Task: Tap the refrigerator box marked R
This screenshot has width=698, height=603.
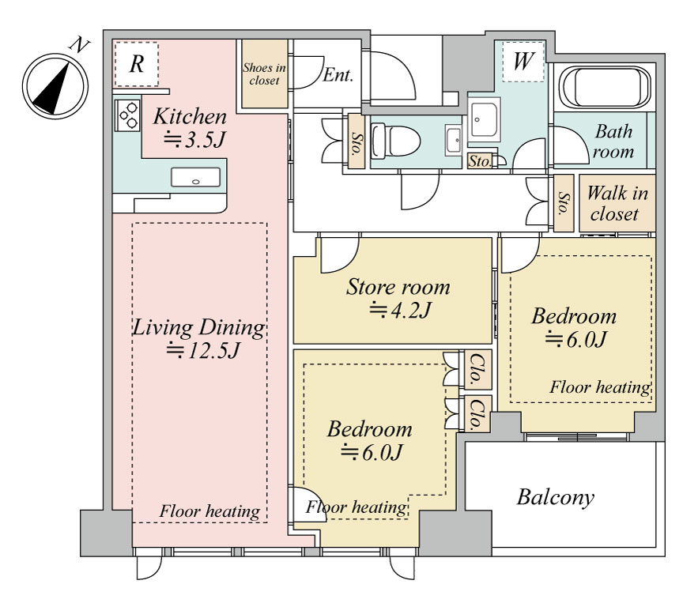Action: point(136,64)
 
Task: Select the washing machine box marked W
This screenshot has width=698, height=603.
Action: point(523,62)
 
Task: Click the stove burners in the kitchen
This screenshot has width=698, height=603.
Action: point(127,115)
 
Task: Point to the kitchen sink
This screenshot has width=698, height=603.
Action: point(195,177)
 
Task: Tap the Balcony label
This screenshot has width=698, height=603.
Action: point(556,498)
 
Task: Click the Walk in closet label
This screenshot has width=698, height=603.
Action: point(617,203)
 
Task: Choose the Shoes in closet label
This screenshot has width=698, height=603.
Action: point(264,73)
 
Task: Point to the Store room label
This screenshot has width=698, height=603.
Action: point(398,287)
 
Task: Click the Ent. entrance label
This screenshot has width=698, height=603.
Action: point(338,75)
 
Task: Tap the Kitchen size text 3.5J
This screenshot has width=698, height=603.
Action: point(194,140)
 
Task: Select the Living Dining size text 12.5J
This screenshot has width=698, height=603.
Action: point(203,350)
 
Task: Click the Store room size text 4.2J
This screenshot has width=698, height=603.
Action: point(400,310)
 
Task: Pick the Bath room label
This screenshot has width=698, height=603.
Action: point(613,141)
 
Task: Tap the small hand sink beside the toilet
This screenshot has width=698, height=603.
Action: point(454,140)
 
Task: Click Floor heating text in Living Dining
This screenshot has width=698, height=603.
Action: point(209,511)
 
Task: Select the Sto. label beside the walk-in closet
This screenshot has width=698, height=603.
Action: point(564,203)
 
